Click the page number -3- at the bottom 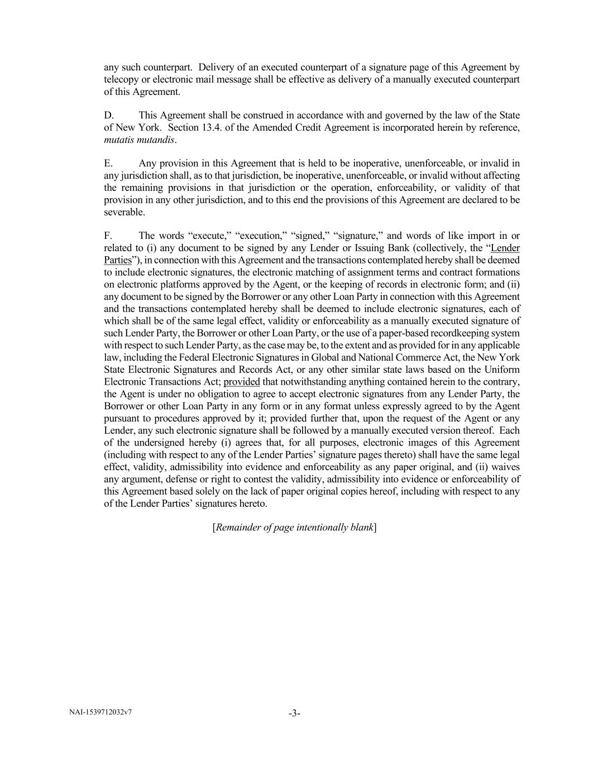(294, 713)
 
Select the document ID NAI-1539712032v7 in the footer (101, 712)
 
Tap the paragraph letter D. (109, 115)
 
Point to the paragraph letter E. (108, 163)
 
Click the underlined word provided (242, 382)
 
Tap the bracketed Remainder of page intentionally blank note (294, 527)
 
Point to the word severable (124, 212)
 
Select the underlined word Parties (117, 260)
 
